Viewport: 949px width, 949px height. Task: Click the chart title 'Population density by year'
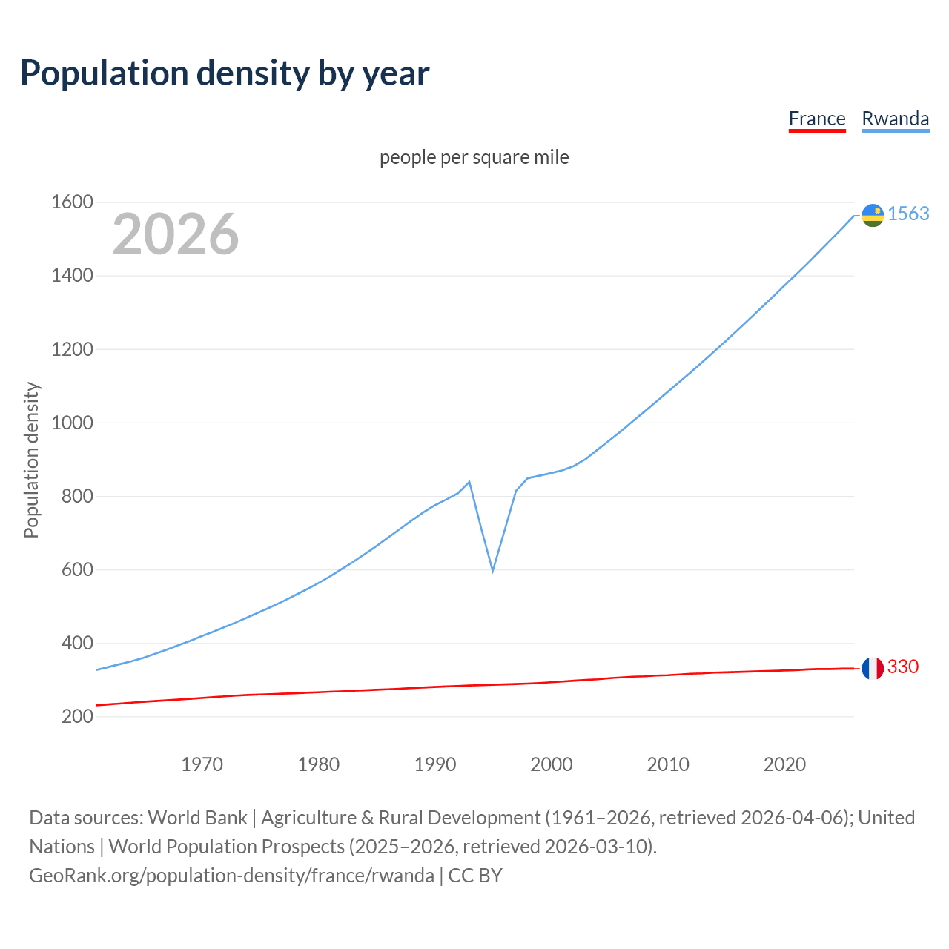(x=225, y=73)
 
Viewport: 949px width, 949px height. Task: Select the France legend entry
(x=816, y=119)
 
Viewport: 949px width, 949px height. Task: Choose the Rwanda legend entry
(x=895, y=119)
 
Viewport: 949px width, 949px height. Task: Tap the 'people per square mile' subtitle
(x=474, y=158)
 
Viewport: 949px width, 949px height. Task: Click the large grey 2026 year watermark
(x=176, y=234)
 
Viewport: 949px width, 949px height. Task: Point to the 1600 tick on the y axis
(x=72, y=202)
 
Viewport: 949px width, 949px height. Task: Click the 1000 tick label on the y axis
(x=72, y=423)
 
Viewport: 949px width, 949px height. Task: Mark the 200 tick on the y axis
(x=77, y=717)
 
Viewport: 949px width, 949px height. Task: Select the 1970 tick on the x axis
(x=202, y=764)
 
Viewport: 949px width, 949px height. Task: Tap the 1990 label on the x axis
(x=435, y=764)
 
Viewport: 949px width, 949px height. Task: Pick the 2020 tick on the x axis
(x=784, y=764)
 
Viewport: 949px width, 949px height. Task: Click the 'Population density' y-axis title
(x=31, y=460)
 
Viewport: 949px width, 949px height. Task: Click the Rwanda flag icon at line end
(x=873, y=215)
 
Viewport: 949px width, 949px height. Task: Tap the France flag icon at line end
(x=873, y=668)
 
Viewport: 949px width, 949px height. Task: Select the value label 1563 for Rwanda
(x=908, y=214)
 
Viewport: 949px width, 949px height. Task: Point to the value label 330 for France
(x=903, y=667)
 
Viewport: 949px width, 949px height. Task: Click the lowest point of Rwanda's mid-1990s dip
(x=492, y=571)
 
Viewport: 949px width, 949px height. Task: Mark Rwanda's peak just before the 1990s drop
(x=469, y=482)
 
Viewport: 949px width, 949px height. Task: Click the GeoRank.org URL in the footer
(x=231, y=876)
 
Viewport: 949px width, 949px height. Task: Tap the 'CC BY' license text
(x=475, y=876)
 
